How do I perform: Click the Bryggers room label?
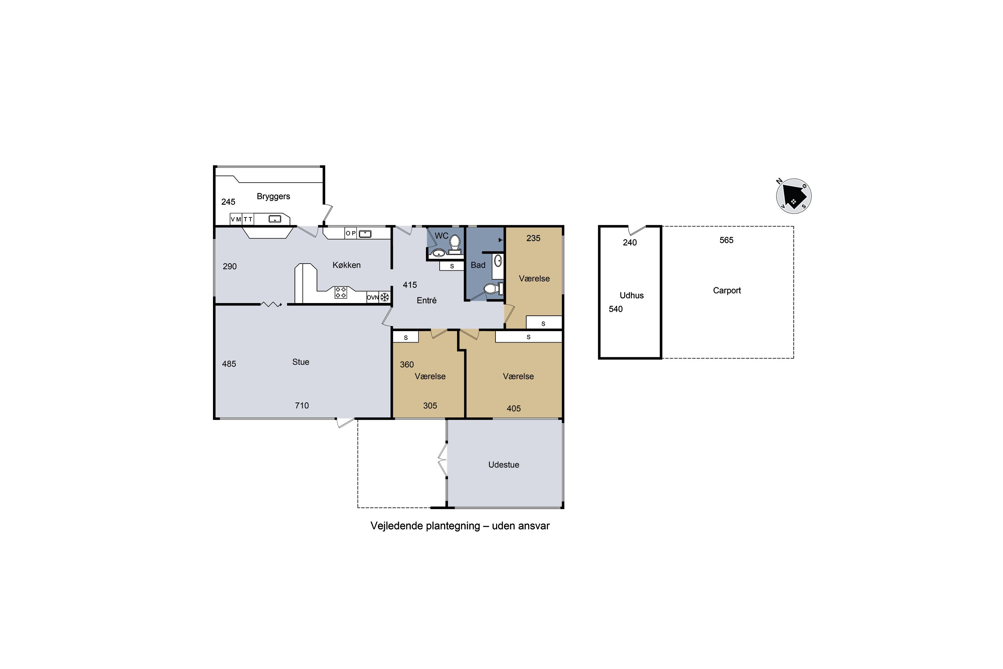[273, 196]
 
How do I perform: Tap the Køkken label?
[347, 265]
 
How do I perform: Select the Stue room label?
[301, 362]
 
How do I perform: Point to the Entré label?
[427, 300]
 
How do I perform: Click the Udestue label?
[504, 465]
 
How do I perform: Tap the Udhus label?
[632, 295]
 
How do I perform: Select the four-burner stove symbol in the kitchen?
[341, 292]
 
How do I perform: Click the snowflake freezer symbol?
[385, 297]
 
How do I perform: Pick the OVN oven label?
[373, 297]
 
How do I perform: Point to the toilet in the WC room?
[455, 245]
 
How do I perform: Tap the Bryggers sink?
[274, 219]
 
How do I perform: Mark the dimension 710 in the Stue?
[302, 405]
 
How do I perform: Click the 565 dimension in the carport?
[726, 240]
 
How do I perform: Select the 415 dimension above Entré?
[410, 285]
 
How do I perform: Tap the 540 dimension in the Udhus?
[616, 309]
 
